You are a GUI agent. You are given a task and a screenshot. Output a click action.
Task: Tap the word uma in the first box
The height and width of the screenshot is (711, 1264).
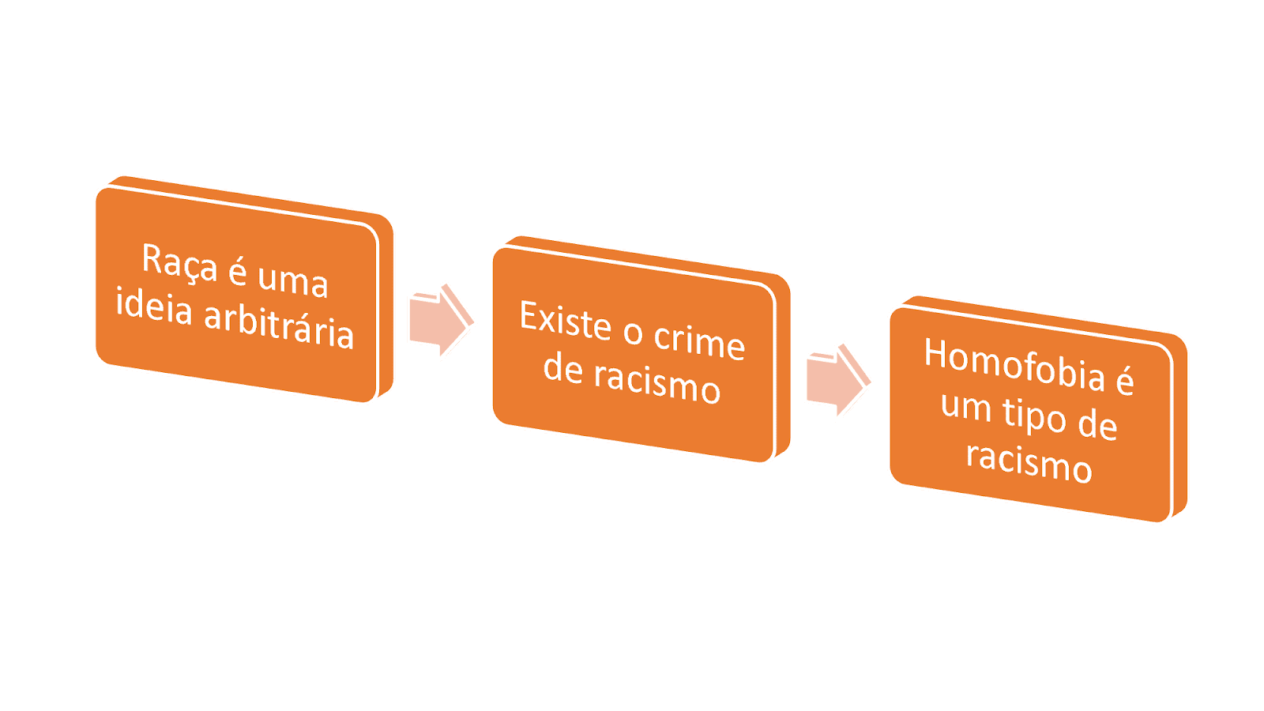click(x=292, y=280)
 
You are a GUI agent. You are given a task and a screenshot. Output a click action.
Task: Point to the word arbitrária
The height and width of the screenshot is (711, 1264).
click(x=279, y=325)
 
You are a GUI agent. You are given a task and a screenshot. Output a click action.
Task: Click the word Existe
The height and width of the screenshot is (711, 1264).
click(x=565, y=321)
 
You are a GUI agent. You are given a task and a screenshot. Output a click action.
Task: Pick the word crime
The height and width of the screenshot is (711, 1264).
click(x=699, y=342)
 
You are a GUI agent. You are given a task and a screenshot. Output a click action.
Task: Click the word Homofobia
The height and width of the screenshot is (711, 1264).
click(x=1014, y=364)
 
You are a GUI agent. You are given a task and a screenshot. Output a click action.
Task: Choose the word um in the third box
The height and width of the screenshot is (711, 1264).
click(x=965, y=406)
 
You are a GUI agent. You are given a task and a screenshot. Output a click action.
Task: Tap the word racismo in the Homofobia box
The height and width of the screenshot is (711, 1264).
click(x=1029, y=461)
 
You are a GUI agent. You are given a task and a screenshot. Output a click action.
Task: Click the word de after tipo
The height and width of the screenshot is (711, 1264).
click(x=1097, y=425)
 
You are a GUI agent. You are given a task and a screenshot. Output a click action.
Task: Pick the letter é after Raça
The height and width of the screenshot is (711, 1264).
click(x=238, y=271)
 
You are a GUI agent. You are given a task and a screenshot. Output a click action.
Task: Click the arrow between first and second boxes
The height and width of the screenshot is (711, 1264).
click(x=441, y=322)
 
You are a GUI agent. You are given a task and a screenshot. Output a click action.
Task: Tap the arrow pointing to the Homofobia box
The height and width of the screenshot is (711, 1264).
click(x=838, y=381)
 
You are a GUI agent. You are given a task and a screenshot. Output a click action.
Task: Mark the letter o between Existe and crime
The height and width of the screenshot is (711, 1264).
click(x=633, y=333)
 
